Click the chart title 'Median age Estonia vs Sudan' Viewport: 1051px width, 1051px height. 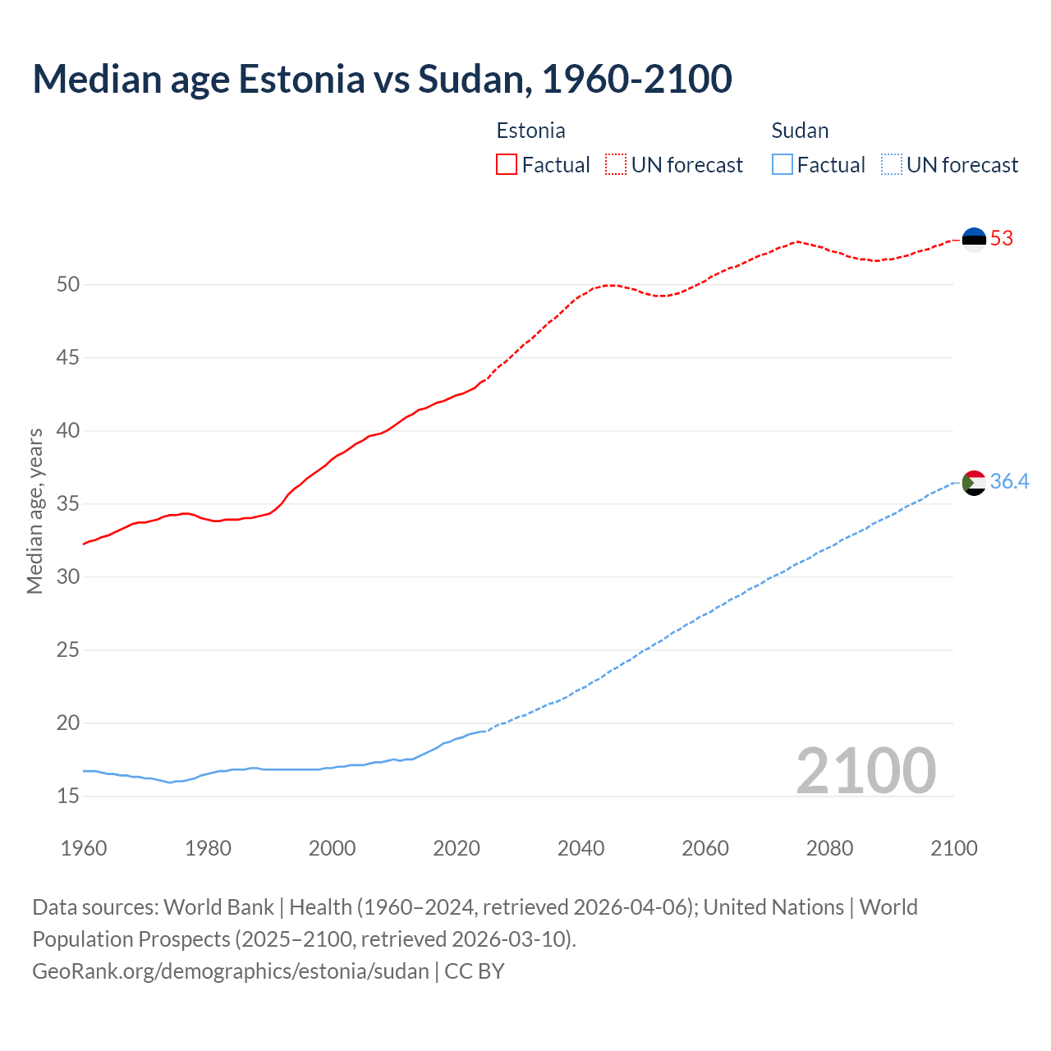382,79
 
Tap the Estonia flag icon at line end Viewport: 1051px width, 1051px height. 974,239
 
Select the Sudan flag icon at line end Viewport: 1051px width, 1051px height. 974,483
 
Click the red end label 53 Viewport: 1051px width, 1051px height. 1002,239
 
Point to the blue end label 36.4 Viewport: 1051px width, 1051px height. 1009,482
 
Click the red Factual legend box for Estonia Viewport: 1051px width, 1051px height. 507,165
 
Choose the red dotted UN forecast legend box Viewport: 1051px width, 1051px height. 616,165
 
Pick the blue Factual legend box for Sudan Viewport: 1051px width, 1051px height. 783,165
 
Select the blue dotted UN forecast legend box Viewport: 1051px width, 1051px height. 892,165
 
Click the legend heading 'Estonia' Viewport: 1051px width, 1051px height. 530,131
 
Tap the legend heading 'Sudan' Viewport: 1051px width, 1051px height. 800,131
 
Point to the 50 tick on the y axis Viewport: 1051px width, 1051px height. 68,285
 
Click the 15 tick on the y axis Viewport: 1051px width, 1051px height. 68,796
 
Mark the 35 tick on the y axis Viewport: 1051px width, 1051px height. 68,503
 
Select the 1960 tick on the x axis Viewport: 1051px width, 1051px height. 84,848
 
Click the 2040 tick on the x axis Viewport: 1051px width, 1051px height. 581,848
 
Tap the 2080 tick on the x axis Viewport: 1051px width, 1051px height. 829,848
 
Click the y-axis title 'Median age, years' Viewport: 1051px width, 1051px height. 34,511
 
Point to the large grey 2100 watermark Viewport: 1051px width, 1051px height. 865,770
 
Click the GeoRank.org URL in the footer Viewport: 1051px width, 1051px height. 230,971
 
